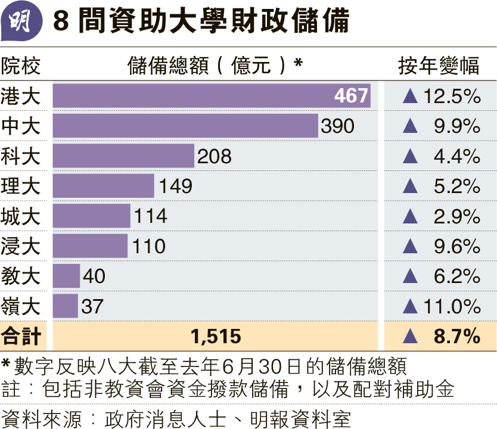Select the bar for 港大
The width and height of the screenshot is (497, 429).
212,96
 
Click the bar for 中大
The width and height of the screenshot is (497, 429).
185,126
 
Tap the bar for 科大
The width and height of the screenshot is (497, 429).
123,156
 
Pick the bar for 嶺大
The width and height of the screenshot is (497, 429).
65,306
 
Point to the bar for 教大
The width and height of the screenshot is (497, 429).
66,276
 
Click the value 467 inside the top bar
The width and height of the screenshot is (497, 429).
351,96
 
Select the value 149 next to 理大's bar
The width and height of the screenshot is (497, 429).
176,186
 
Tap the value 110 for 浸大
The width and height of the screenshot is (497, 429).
149,246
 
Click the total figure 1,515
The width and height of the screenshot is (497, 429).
216,337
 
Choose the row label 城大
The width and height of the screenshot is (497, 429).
21,216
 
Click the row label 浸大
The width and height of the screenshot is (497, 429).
21,246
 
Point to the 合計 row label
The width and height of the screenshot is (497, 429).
21,337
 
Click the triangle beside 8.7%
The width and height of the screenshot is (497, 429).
410,337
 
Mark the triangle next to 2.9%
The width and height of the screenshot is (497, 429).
410,216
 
